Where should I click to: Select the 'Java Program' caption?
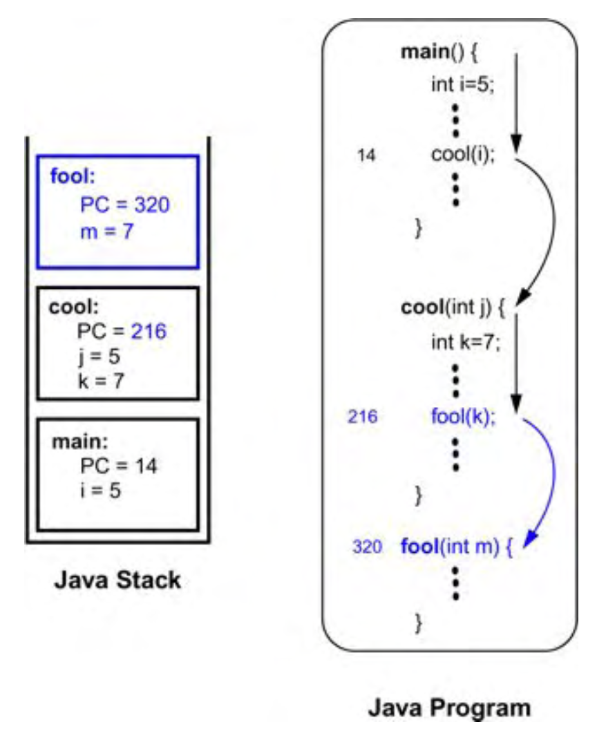point(449,708)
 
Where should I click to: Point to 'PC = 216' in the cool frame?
point(122,332)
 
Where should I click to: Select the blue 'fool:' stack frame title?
point(70,176)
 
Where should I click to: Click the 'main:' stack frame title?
point(74,440)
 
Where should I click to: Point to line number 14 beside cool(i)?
point(366,155)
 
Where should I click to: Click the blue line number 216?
point(363,417)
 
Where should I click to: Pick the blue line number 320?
point(366,547)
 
